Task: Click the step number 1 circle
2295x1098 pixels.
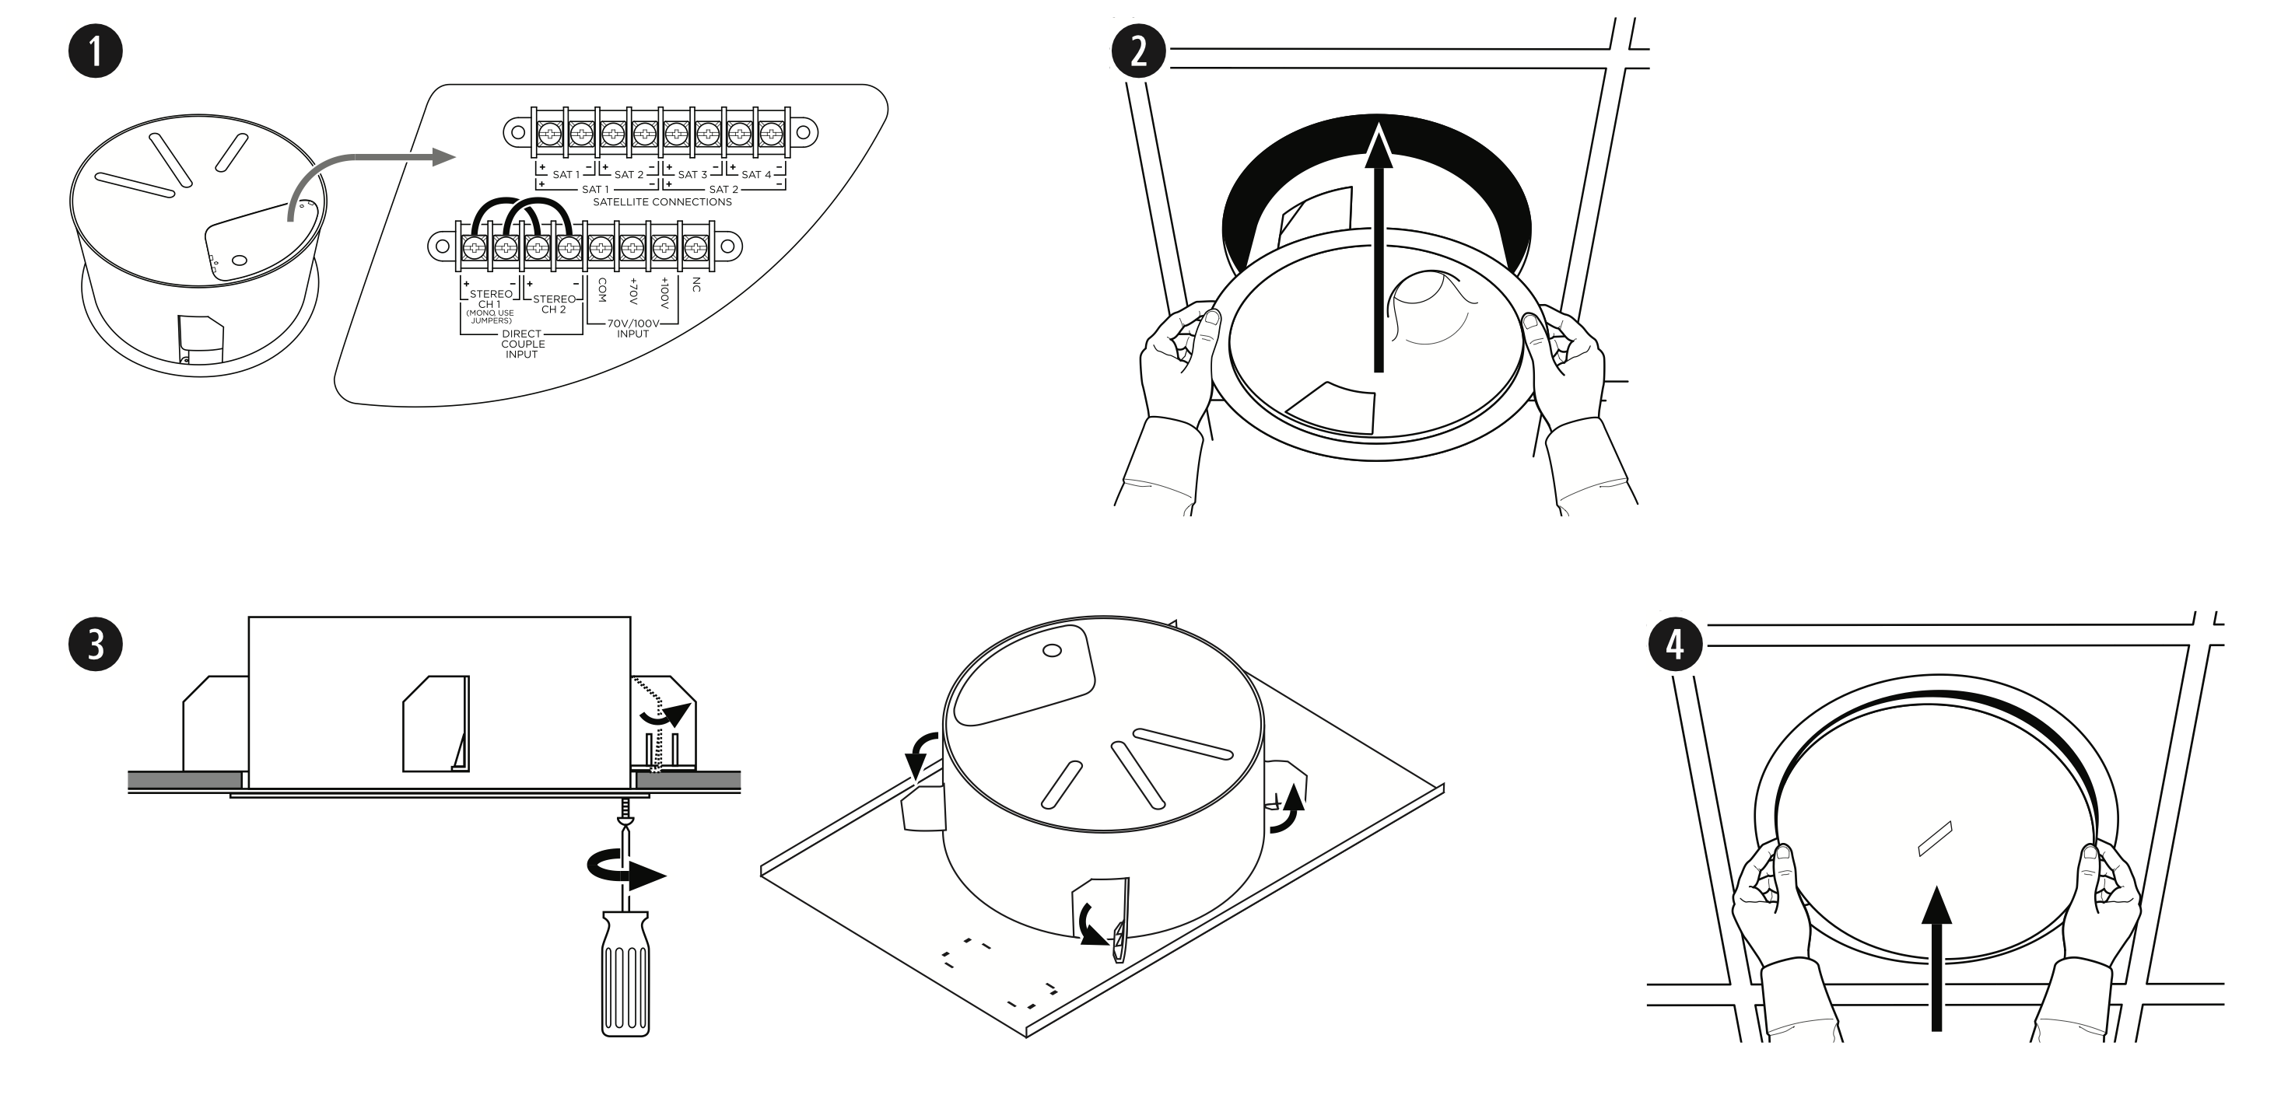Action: (96, 51)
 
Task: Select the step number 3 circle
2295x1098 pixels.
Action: (96, 644)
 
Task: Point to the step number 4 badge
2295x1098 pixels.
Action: (1675, 644)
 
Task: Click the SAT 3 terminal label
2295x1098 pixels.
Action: (692, 174)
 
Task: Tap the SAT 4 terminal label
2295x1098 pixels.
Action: (755, 174)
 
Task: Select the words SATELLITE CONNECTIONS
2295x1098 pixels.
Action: (662, 202)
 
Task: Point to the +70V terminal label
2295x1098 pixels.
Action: (633, 292)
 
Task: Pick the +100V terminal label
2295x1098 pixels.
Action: (664, 294)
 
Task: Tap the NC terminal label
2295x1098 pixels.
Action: (696, 285)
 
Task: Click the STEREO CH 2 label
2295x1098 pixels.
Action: (554, 305)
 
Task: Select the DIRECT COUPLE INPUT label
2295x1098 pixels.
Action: (522, 344)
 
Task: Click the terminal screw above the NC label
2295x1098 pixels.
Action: (695, 247)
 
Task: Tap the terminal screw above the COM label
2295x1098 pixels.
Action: (601, 247)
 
